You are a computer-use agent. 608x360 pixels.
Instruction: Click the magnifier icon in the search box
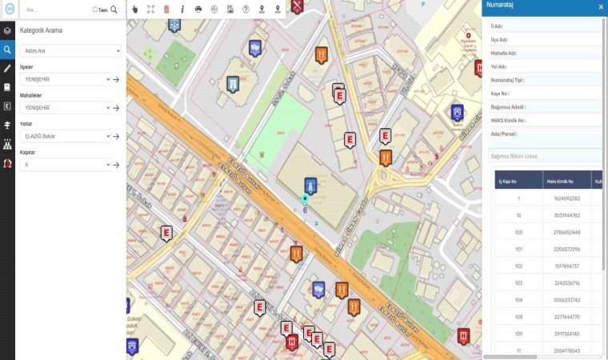coord(114,10)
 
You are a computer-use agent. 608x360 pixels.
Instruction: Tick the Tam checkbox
coord(95,10)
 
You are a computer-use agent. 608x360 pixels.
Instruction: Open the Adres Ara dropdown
coord(70,50)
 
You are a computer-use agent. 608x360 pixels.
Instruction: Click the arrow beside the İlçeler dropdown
coord(116,79)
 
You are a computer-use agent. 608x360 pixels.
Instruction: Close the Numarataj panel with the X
coord(601,6)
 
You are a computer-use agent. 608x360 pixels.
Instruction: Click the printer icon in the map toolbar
coord(198,9)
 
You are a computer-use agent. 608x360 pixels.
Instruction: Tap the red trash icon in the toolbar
coord(166,9)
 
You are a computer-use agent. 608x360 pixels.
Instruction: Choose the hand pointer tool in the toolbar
coord(134,9)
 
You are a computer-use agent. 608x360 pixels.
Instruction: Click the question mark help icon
coord(246,9)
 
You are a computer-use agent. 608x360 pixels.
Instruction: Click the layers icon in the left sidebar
coord(7,30)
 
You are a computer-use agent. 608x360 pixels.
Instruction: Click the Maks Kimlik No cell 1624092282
coord(566,198)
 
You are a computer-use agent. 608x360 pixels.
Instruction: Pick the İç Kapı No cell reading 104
coord(518,299)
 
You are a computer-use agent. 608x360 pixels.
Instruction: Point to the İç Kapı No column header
coord(518,181)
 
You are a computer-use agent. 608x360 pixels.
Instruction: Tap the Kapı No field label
coord(500,93)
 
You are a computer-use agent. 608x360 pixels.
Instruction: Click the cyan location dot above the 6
coord(305,198)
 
